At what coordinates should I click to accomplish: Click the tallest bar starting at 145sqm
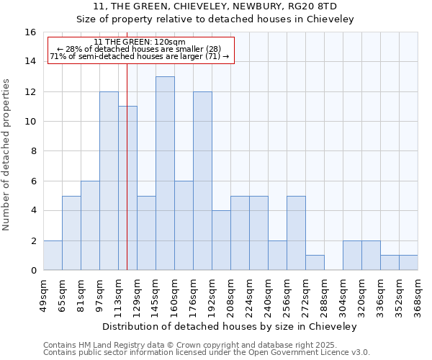[x=165, y=173]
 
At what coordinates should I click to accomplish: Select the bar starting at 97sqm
[x=109, y=181]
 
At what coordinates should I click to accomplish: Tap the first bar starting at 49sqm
[x=53, y=256]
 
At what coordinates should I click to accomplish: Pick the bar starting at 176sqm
[x=202, y=181]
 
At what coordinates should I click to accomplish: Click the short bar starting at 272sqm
[x=315, y=263]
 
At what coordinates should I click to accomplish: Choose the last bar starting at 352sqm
[x=408, y=263]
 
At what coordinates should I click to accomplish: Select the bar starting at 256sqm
[x=296, y=233]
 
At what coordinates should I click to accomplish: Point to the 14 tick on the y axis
[x=31, y=62]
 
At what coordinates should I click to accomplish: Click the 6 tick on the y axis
[x=33, y=181]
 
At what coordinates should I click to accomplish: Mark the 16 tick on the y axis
[x=31, y=32]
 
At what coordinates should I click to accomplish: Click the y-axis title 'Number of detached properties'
[x=7, y=151]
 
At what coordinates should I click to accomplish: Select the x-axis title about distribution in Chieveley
[x=230, y=326]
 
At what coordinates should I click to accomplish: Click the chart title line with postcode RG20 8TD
[x=215, y=6]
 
